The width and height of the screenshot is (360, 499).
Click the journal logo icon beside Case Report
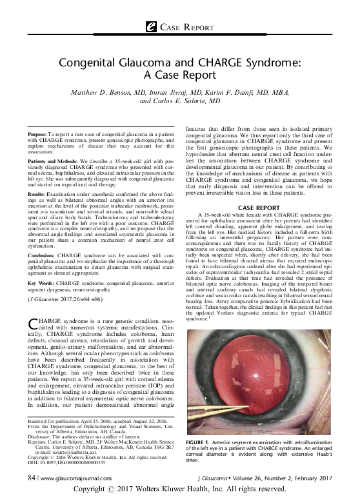coord(153,25)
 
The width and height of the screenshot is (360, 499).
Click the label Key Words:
coord(45,282)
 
